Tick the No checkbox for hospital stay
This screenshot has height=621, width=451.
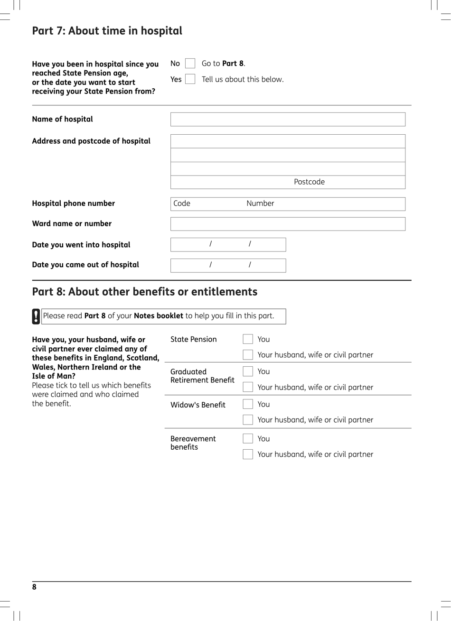point(190,64)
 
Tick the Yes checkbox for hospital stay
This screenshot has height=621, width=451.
point(190,79)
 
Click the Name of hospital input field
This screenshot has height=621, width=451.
point(288,120)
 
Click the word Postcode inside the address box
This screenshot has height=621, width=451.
point(309,182)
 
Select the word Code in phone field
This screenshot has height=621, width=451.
point(182,204)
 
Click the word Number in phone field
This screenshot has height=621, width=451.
point(260,204)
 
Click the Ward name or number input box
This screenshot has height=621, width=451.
point(288,224)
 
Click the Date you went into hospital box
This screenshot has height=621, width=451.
point(228,245)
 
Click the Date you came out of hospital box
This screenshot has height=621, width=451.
point(228,265)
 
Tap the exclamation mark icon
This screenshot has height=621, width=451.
point(36,316)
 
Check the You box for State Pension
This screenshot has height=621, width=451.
point(248,339)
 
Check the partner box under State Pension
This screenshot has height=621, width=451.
point(248,355)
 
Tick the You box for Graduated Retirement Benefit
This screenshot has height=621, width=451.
point(248,371)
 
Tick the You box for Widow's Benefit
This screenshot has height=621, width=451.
point(248,404)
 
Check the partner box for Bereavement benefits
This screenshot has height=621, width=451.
point(248,454)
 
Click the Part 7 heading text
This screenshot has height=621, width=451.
point(107,31)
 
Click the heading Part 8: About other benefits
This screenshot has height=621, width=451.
point(144,292)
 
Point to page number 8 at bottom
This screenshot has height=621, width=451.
point(34,587)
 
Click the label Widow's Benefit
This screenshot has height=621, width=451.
point(197,405)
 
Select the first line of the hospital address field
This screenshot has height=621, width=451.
point(288,141)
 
